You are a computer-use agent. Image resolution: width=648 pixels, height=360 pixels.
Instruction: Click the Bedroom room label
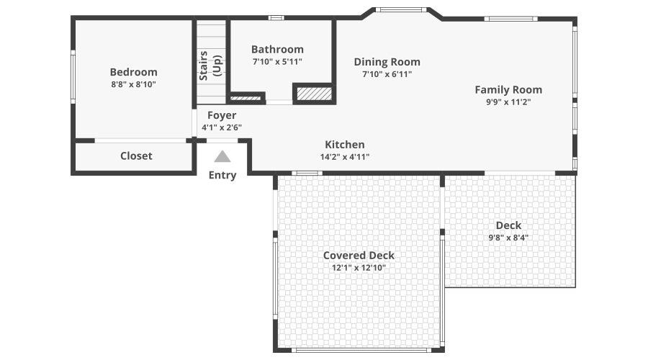tap(133, 72)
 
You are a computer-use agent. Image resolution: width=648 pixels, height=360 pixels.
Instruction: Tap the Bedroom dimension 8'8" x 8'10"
tap(133, 84)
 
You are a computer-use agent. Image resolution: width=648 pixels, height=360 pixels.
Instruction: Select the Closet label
tap(136, 156)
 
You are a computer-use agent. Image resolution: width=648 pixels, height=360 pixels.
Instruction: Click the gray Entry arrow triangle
tap(222, 156)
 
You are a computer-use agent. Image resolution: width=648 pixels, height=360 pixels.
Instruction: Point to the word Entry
tap(222, 175)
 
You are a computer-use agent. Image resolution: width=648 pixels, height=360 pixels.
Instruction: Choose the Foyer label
tap(222, 115)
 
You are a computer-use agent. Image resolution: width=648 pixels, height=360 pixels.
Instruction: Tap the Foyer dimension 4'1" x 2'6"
tap(222, 127)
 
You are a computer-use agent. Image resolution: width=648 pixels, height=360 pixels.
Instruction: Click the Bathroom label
tap(277, 49)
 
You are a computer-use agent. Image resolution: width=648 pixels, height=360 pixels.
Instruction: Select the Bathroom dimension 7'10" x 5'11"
tap(277, 61)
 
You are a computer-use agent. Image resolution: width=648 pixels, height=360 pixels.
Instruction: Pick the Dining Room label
tap(387, 62)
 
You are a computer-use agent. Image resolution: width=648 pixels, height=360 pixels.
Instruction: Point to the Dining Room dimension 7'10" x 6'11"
tap(387, 73)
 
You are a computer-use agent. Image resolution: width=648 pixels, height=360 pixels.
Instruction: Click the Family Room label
tap(508, 89)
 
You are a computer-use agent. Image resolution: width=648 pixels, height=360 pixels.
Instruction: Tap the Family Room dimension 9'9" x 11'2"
tap(508, 102)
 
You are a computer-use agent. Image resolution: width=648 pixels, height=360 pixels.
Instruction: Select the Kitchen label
tap(344, 145)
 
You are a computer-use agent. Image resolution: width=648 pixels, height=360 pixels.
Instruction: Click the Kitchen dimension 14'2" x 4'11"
tap(344, 156)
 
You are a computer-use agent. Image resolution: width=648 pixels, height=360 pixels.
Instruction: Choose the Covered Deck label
tap(359, 256)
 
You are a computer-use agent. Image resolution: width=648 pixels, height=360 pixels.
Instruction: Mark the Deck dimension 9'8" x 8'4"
tap(508, 238)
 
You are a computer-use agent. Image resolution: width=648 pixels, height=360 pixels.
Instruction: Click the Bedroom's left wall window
tap(73, 76)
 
